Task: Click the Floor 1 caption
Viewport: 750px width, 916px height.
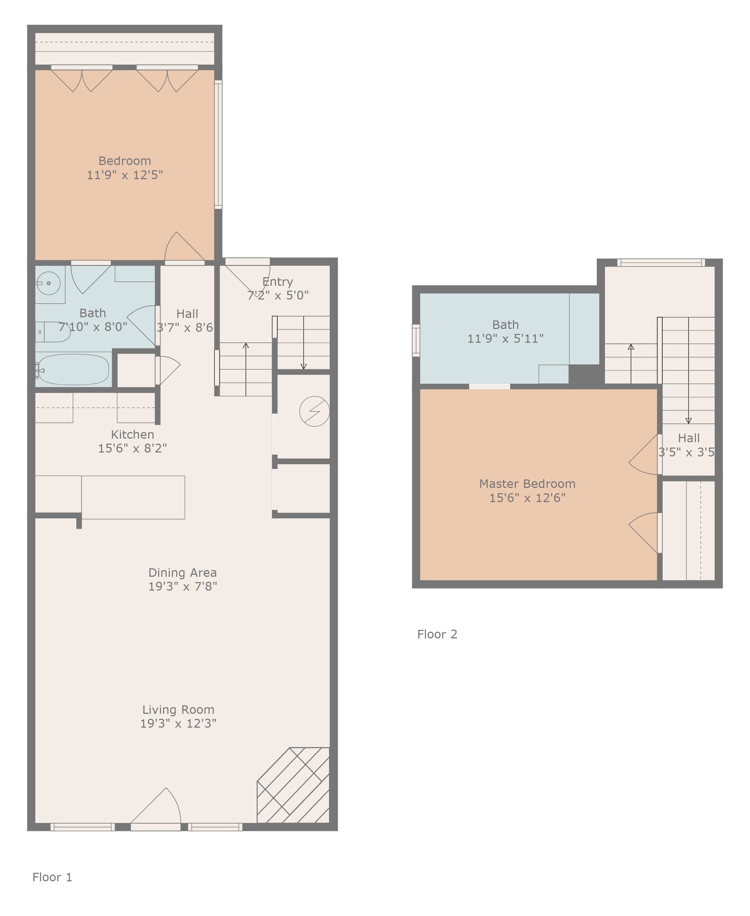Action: [x=52, y=877]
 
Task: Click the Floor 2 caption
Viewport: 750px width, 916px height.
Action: [x=437, y=634]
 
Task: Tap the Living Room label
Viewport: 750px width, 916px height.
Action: [x=178, y=710]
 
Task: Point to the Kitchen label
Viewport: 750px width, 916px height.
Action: [x=132, y=434]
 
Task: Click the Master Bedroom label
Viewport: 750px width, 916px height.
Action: [x=527, y=484]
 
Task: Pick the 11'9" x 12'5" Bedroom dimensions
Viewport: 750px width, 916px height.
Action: [x=125, y=175]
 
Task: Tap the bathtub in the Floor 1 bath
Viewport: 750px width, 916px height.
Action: [x=73, y=370]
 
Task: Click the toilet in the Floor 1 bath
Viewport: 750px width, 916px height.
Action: [x=53, y=332]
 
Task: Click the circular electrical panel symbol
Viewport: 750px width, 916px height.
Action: [x=315, y=411]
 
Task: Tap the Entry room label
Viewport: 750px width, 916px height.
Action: [x=277, y=282]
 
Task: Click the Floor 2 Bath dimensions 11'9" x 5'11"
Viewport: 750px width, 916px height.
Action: [x=506, y=338]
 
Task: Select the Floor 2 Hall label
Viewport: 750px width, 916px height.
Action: [x=689, y=438]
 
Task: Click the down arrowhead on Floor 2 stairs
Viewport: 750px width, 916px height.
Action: [x=689, y=421]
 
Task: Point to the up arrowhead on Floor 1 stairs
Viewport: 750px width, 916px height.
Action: [x=246, y=345]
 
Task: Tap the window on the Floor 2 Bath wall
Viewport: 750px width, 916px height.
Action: [x=416, y=341]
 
